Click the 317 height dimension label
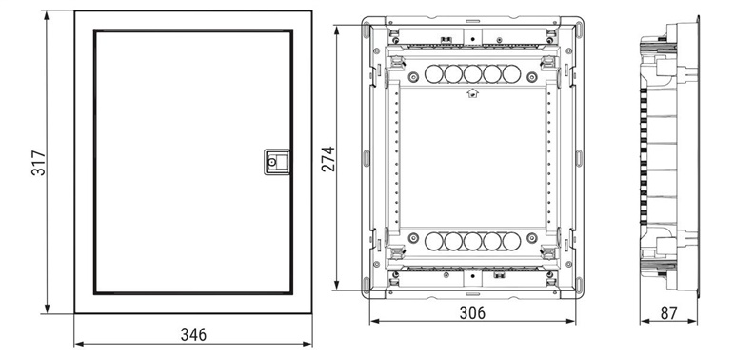pyautogui.click(x=38, y=163)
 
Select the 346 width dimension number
pyautogui.click(x=193, y=334)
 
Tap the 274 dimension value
pyautogui.click(x=327, y=159)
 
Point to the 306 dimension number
pyautogui.click(x=472, y=312)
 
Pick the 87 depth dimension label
pyautogui.click(x=668, y=313)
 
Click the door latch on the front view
pyautogui.click(x=276, y=161)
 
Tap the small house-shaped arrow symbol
pyautogui.click(x=472, y=93)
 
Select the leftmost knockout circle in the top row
pyautogui.click(x=434, y=74)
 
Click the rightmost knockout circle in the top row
pyautogui.click(x=511, y=74)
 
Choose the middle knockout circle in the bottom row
pyautogui.click(x=473, y=241)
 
